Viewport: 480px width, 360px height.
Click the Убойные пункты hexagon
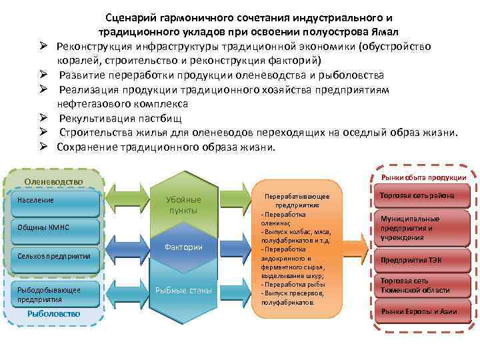pyautogui.click(x=183, y=205)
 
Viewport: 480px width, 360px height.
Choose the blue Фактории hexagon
pyautogui.click(x=183, y=247)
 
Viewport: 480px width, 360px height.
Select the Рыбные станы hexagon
pyautogui.click(x=183, y=289)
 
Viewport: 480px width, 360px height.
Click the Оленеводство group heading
pyautogui.click(x=53, y=181)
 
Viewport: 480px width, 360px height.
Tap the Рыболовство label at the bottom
pyautogui.click(x=53, y=313)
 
